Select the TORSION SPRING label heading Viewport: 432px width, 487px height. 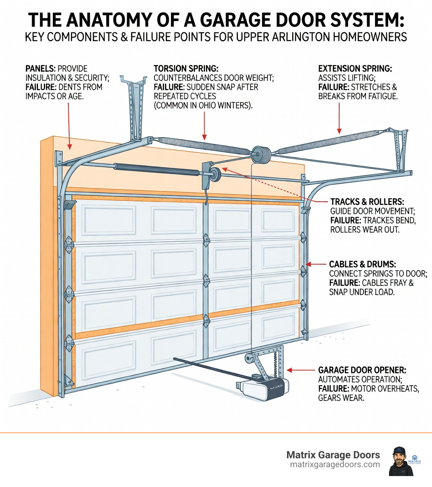(184, 68)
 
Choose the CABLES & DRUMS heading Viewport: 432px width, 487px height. (362, 264)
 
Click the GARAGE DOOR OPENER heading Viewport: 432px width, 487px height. (362, 370)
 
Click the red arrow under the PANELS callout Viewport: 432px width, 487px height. (69, 127)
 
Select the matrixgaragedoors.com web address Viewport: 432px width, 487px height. (335, 464)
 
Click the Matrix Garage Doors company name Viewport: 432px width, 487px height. (333, 455)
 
